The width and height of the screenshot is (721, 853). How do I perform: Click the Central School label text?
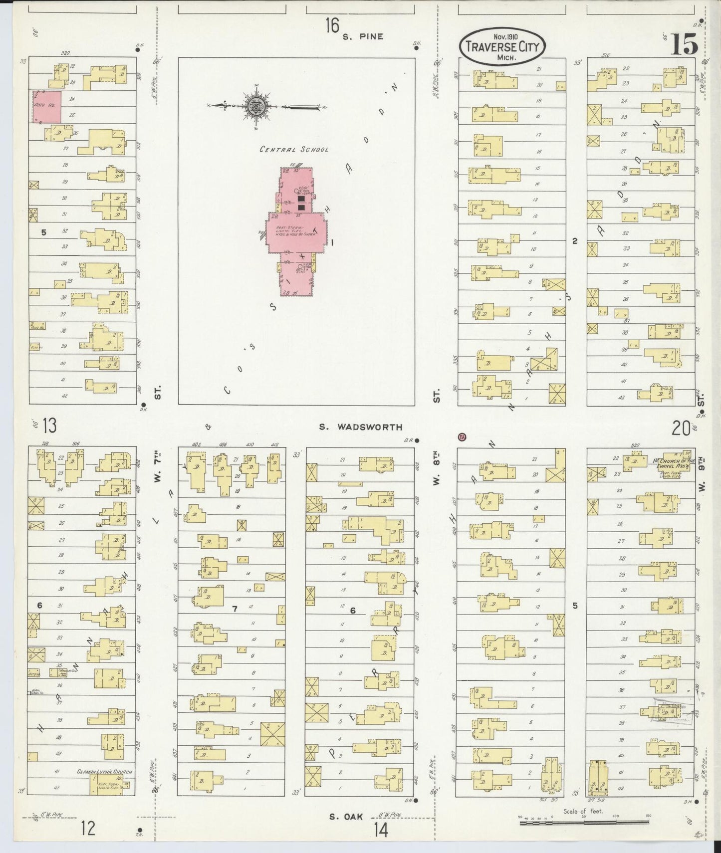coord(294,149)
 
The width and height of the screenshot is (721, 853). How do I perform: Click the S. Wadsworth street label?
coord(361,427)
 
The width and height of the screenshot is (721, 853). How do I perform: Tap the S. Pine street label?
coord(363,36)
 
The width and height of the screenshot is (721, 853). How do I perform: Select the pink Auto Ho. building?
coord(47,106)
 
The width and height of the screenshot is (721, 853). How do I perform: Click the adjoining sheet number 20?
coord(681,427)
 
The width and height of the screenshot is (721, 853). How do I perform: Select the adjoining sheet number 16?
coord(332,25)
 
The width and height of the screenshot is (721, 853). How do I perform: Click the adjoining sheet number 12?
coord(88,829)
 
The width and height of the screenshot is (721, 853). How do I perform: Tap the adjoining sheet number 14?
coord(380,830)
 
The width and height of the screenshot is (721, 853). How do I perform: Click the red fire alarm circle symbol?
coord(462,437)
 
